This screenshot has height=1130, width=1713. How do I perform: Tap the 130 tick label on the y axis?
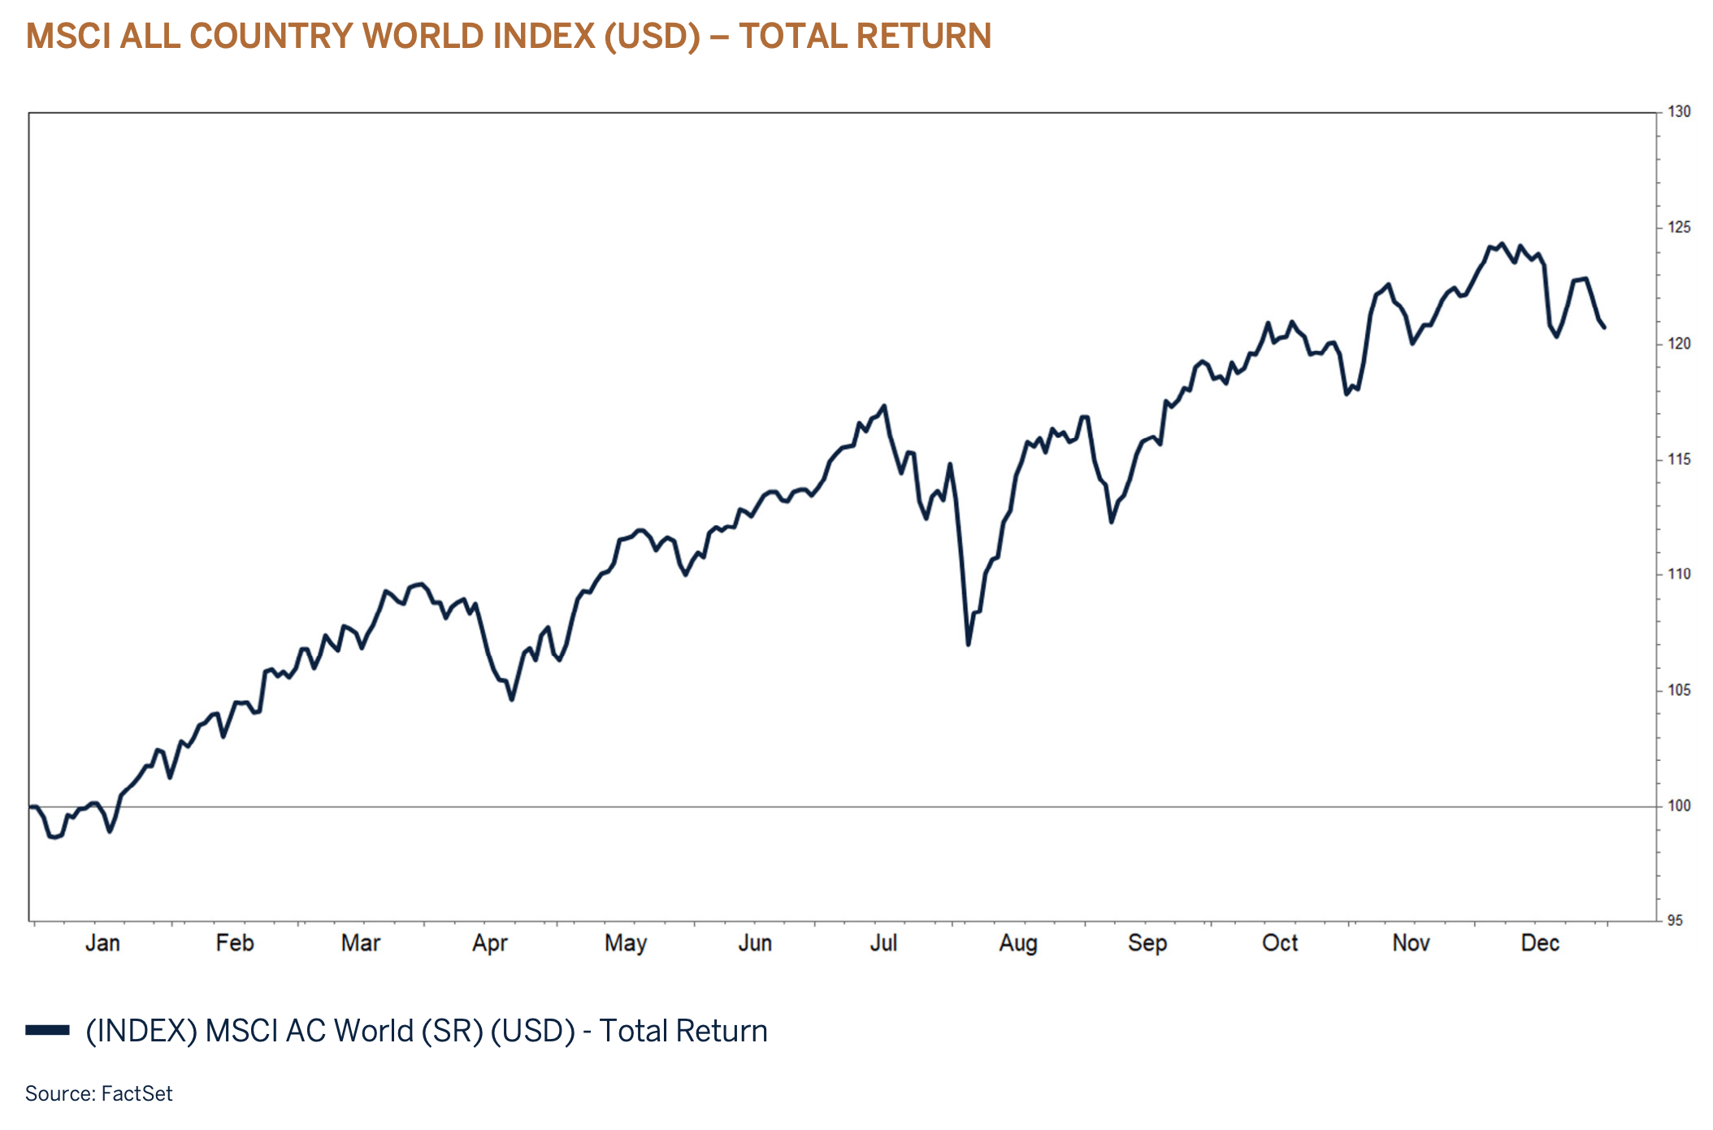pyautogui.click(x=1679, y=112)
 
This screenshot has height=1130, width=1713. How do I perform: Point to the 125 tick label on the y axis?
pyautogui.click(x=1679, y=228)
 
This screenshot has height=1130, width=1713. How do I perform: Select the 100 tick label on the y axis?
pyautogui.click(x=1679, y=806)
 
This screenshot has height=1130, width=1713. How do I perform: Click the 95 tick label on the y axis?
pyautogui.click(x=1675, y=921)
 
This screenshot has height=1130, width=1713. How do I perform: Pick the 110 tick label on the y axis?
pyautogui.click(x=1679, y=574)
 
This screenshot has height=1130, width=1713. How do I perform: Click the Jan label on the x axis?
pyautogui.click(x=102, y=943)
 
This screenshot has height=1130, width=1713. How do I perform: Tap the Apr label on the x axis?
pyautogui.click(x=490, y=943)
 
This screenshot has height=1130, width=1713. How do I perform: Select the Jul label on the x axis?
pyautogui.click(x=883, y=943)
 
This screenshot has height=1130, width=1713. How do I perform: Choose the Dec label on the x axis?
pyautogui.click(x=1540, y=943)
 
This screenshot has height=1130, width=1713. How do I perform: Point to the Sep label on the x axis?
pyautogui.click(x=1147, y=943)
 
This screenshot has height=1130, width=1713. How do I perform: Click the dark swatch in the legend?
pyautogui.click(x=47, y=1030)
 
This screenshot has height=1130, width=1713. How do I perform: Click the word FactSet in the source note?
pyautogui.click(x=137, y=1093)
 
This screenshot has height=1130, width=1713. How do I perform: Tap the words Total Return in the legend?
pyautogui.click(x=683, y=1031)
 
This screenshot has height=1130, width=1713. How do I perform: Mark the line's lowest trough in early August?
pyautogui.click(x=969, y=645)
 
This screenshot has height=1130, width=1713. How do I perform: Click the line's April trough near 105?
pyautogui.click(x=512, y=699)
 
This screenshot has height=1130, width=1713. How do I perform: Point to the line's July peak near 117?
pyautogui.click(x=884, y=406)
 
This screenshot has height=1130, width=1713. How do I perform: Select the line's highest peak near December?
pyautogui.click(x=1502, y=243)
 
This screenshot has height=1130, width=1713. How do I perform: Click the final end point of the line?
pyautogui.click(x=1604, y=328)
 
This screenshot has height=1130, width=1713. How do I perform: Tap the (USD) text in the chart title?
pyautogui.click(x=652, y=37)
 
